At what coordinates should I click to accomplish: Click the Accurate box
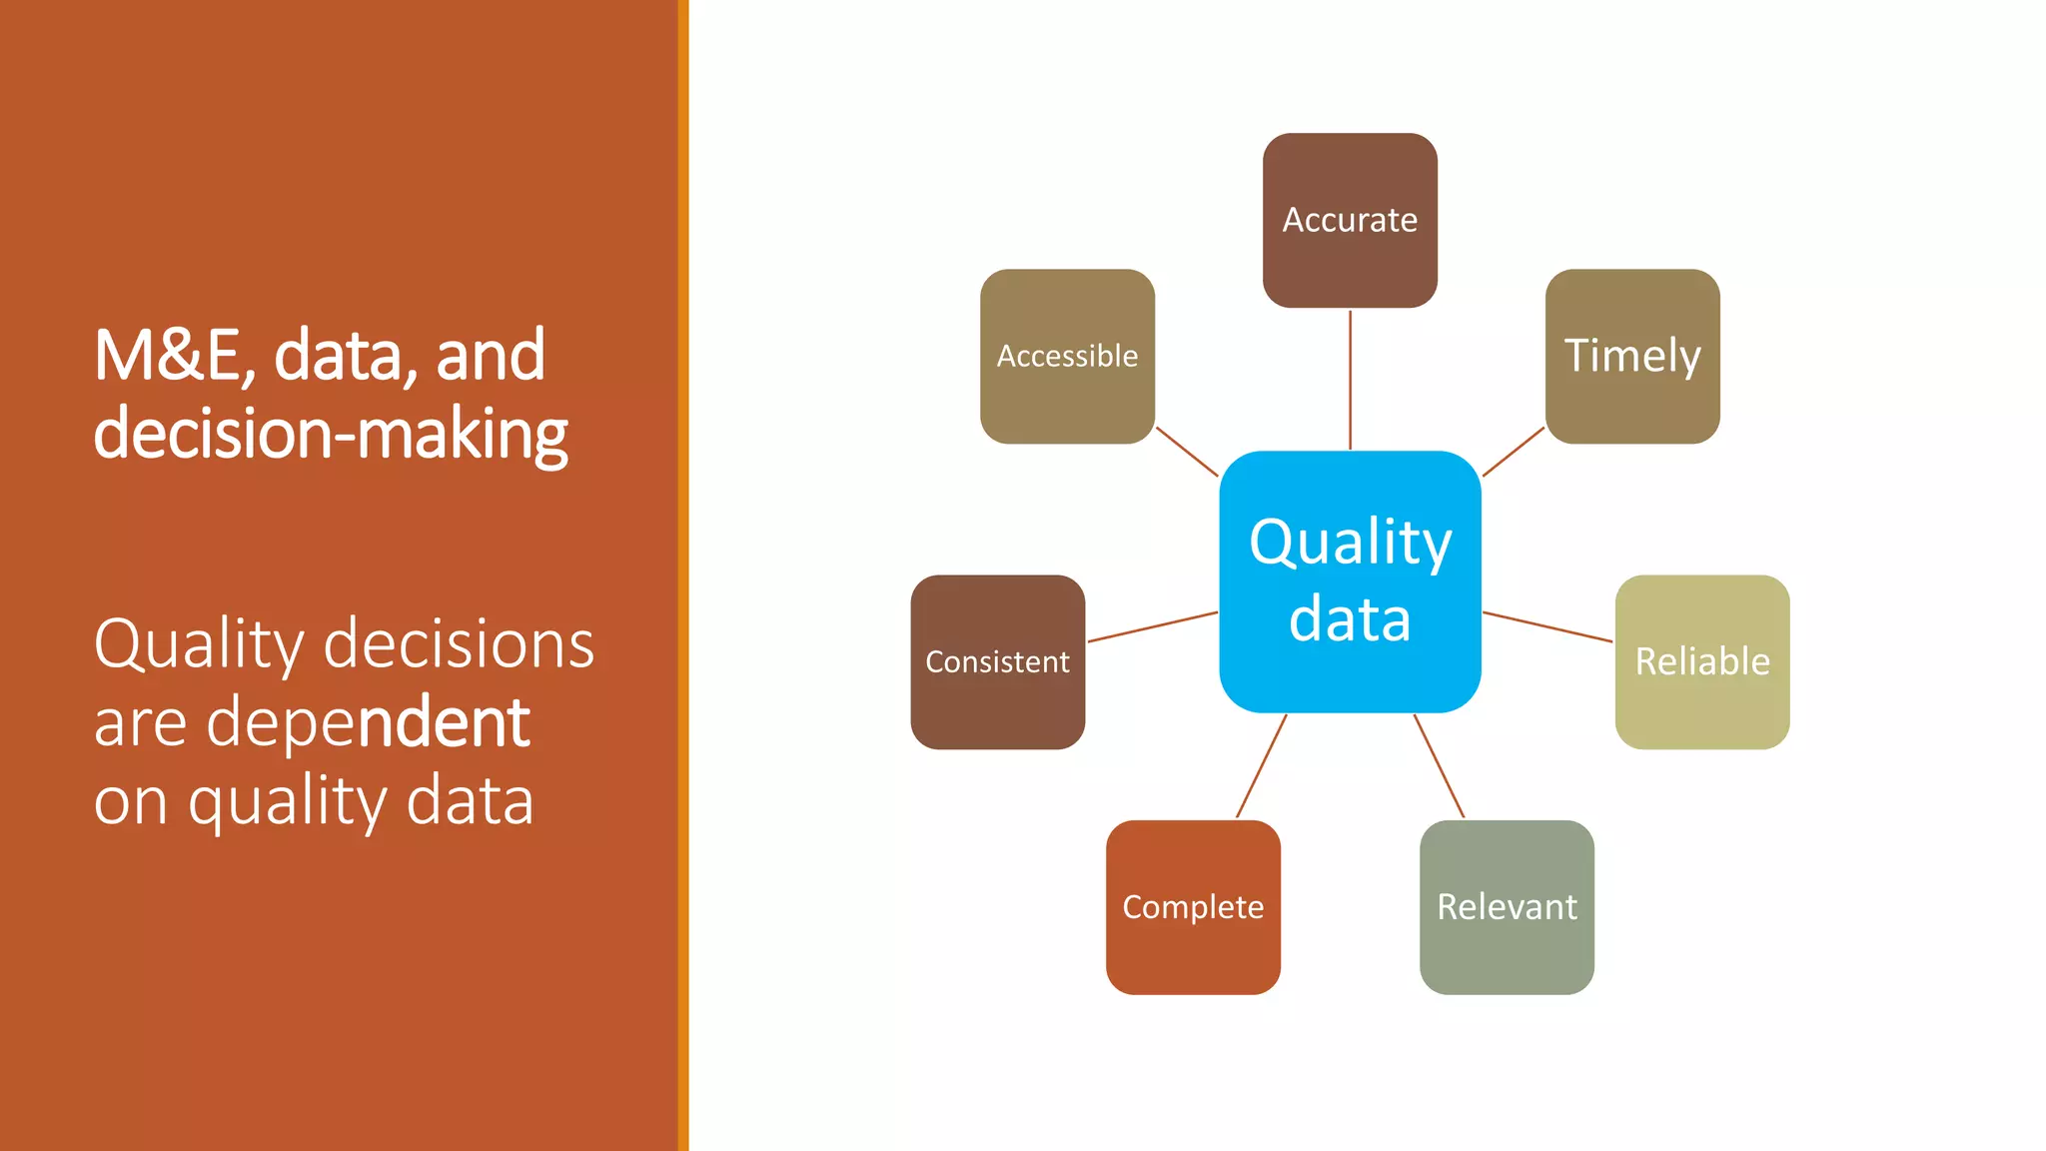pyautogui.click(x=1350, y=220)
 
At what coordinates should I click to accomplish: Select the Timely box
pyautogui.click(x=1632, y=356)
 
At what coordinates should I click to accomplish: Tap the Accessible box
pyautogui.click(x=1067, y=356)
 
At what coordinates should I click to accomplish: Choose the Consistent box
pyautogui.click(x=997, y=661)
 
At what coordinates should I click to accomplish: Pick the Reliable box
pyautogui.click(x=1701, y=661)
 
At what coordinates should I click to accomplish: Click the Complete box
pyautogui.click(x=1193, y=906)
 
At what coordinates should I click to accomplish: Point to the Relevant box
pyautogui.click(x=1507, y=906)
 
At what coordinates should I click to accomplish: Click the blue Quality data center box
pyautogui.click(x=1350, y=581)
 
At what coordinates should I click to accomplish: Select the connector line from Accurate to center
pyautogui.click(x=1350, y=380)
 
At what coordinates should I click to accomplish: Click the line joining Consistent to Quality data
pyautogui.click(x=1152, y=626)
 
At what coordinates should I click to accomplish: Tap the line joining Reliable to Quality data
pyautogui.click(x=1547, y=626)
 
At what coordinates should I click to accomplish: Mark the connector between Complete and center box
pyautogui.click(x=1261, y=766)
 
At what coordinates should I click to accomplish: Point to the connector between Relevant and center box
pyautogui.click(x=1439, y=766)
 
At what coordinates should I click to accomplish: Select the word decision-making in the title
pyautogui.click(x=330, y=434)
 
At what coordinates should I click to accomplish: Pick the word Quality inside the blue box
pyautogui.click(x=1350, y=543)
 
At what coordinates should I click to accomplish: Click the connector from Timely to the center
pyautogui.click(x=1514, y=452)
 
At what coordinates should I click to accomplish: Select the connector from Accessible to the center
pyautogui.click(x=1187, y=452)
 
